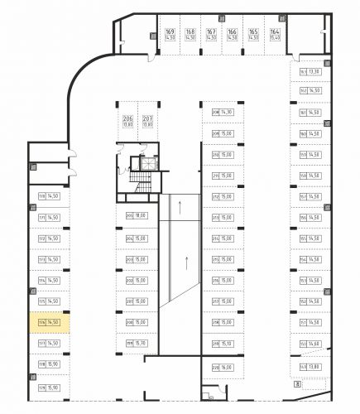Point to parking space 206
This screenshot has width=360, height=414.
tap(127, 121)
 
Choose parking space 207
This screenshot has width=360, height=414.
tap(147, 121)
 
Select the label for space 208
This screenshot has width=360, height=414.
tap(216, 113)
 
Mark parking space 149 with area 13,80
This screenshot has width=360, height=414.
tap(311, 365)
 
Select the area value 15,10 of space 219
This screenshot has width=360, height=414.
tap(227, 343)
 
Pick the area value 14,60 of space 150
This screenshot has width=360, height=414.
tap(315, 343)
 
